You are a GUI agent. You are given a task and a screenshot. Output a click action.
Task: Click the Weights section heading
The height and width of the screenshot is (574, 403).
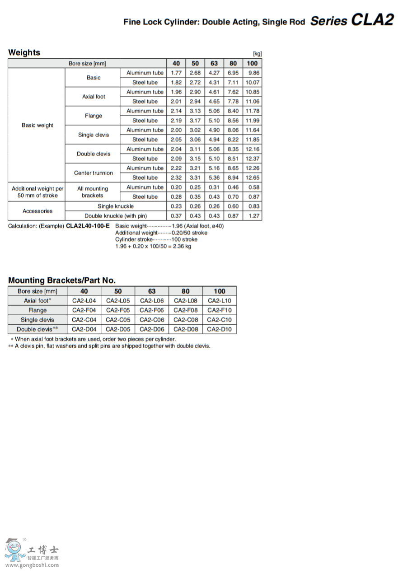tap(24, 52)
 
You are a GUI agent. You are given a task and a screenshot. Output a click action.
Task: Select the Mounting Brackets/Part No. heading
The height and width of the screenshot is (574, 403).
tap(62, 280)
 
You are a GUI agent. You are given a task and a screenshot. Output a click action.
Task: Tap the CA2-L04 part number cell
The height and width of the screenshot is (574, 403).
tap(84, 301)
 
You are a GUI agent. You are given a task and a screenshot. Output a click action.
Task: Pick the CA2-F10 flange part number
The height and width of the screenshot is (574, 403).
tap(219, 310)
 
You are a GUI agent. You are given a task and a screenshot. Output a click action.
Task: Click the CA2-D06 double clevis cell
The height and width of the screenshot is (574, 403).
tap(152, 329)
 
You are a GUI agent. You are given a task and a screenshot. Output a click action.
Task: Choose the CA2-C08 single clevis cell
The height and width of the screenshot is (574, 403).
tap(186, 320)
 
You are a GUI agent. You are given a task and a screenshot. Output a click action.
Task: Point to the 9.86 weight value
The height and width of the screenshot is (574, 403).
tap(253, 73)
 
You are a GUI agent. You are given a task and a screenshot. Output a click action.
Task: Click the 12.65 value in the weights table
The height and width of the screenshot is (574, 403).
tap(253, 177)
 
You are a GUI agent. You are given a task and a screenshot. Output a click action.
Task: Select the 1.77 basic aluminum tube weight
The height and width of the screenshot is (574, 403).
tap(176, 73)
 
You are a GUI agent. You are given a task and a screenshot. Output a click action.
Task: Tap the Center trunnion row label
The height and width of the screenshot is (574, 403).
tap(94, 173)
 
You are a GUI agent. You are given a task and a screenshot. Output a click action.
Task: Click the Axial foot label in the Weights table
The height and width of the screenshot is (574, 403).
tap(94, 97)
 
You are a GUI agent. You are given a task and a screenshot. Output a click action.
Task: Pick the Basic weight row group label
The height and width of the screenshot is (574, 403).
tap(37, 125)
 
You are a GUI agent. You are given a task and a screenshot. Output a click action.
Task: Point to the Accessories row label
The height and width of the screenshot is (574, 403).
tap(37, 211)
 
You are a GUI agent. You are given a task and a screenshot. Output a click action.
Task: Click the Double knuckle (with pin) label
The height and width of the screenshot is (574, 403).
tap(116, 216)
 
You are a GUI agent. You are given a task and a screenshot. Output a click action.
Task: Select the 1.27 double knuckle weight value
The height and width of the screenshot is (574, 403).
tap(254, 216)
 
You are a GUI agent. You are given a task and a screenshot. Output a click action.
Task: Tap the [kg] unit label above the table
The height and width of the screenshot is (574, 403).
tap(257, 54)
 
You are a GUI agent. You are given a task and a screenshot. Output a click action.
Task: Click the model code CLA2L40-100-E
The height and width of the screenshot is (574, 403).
tap(88, 226)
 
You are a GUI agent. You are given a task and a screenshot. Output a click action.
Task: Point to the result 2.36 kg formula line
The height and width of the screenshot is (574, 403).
tap(153, 246)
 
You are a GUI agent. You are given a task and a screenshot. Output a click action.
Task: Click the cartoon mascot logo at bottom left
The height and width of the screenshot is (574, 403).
tap(15, 550)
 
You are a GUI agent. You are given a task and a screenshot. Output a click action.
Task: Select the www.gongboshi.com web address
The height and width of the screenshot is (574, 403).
tap(32, 565)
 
